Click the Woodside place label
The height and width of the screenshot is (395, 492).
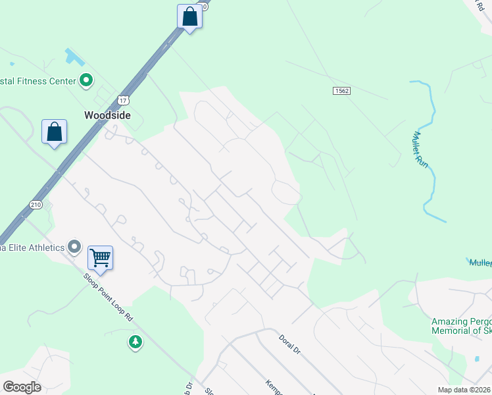(x=107, y=115)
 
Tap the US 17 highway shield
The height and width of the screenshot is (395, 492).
(x=123, y=100)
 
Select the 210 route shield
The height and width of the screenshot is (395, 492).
(x=36, y=205)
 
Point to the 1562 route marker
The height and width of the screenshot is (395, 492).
(x=341, y=91)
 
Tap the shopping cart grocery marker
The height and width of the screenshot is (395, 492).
(x=100, y=257)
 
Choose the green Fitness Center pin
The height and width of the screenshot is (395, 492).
(x=86, y=81)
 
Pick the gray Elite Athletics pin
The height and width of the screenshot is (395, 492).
(x=74, y=248)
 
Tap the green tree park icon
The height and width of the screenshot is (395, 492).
(x=135, y=342)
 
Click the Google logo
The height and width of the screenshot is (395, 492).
(x=22, y=387)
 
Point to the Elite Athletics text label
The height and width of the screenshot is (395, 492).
(x=32, y=248)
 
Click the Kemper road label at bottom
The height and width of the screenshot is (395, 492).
(x=275, y=386)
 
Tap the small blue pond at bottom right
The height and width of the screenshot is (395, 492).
(x=476, y=359)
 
